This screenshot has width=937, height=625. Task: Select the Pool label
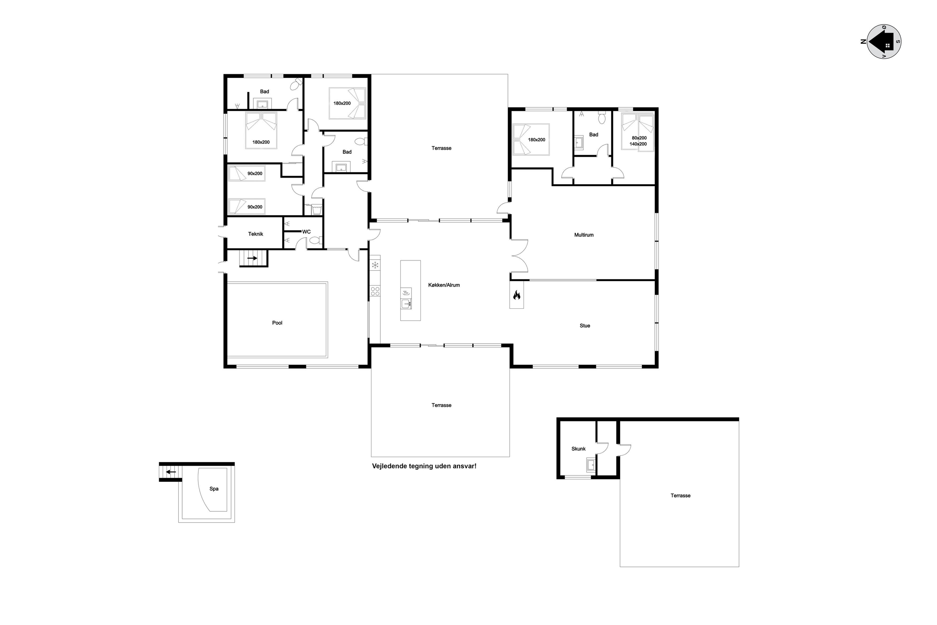pyautogui.click(x=277, y=323)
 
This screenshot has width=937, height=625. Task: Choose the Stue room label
pyautogui.click(x=584, y=326)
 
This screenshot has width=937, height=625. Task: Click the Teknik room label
pyautogui.click(x=255, y=234)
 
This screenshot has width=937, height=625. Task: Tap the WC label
pyautogui.click(x=306, y=232)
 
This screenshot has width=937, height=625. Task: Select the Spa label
pyautogui.click(x=214, y=489)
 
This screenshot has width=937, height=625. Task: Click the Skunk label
pyautogui.click(x=578, y=449)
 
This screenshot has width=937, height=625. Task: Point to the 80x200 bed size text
pyautogui.click(x=639, y=138)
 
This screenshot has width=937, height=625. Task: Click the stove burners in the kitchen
pyautogui.click(x=375, y=291)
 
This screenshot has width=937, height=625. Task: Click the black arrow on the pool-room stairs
pyautogui.click(x=252, y=258)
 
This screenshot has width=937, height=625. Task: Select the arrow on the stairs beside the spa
pyautogui.click(x=171, y=472)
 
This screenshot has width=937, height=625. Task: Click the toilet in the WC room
pyautogui.click(x=315, y=240)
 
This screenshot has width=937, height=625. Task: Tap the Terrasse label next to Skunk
pyautogui.click(x=680, y=495)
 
